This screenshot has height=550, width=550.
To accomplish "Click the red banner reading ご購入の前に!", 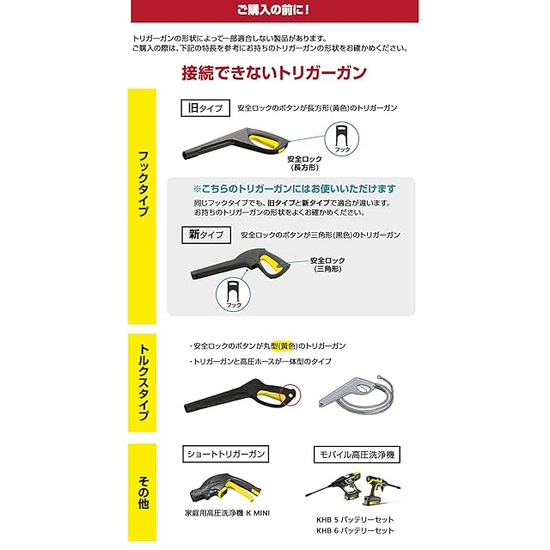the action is [274, 10].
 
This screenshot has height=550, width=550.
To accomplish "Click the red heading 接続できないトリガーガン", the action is [274, 73].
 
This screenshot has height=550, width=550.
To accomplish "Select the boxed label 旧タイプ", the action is [205, 108].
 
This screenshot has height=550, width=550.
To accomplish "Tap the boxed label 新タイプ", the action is [206, 235].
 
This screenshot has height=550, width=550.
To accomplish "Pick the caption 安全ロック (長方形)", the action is [304, 163].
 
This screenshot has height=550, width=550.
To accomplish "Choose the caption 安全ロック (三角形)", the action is [327, 265].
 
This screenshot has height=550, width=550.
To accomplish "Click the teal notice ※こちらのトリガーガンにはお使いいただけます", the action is [294, 189].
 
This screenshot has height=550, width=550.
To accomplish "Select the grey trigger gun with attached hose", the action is [357, 392].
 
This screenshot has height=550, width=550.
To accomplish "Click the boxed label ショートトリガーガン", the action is [225, 455].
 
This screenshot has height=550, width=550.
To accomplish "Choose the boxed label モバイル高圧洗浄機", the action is [357, 455].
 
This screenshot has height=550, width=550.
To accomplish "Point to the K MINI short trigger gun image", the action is [225, 487].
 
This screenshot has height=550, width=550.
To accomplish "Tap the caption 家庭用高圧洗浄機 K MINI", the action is [227, 513].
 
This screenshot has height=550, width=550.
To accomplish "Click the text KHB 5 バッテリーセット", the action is [355, 519].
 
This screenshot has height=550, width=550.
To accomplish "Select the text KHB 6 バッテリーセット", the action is [355, 530].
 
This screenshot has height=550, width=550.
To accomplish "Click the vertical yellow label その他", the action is [142, 492].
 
